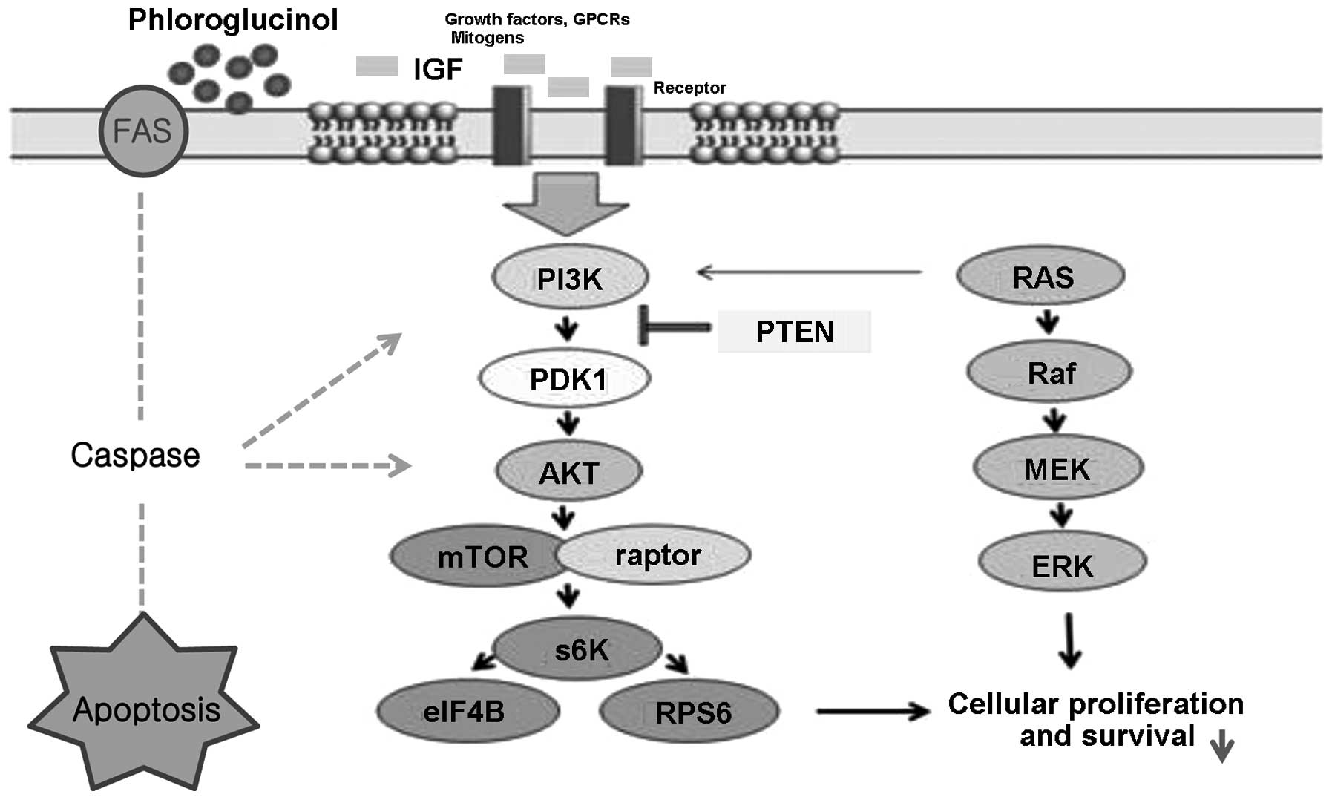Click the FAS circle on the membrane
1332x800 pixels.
click(x=143, y=131)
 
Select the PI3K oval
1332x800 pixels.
click(x=570, y=278)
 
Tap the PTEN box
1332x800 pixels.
click(x=794, y=331)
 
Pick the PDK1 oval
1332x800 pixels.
click(x=565, y=378)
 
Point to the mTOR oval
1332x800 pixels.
click(x=479, y=556)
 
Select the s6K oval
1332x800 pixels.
click(x=578, y=649)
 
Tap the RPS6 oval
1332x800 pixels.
click(x=689, y=712)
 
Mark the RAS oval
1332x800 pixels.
click(x=1040, y=277)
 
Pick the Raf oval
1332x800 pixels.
click(x=1049, y=372)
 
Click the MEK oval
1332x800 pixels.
click(x=1058, y=468)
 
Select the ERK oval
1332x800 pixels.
click(x=1063, y=565)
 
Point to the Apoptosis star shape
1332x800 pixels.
click(x=144, y=709)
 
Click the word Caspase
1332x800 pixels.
click(x=135, y=455)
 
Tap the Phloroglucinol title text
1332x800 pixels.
click(x=233, y=19)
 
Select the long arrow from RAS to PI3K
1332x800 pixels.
click(x=809, y=272)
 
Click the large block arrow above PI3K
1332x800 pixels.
click(x=566, y=203)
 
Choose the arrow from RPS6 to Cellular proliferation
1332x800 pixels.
click(x=872, y=711)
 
